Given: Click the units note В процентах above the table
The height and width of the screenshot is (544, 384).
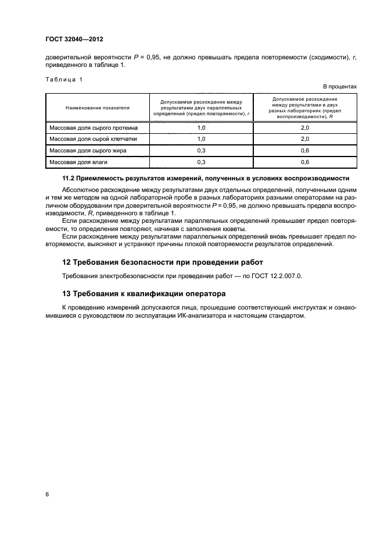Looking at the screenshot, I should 339,86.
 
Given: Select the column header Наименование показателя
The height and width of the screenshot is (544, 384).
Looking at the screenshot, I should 98,108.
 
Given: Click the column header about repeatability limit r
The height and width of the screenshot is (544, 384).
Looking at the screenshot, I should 202,108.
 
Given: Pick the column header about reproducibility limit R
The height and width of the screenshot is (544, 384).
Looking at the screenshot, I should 305,108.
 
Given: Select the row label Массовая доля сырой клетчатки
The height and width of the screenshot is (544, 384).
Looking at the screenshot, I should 95,139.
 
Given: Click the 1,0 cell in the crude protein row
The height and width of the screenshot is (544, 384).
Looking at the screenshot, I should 202,127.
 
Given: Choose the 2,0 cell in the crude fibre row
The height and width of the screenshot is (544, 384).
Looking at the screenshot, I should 305,139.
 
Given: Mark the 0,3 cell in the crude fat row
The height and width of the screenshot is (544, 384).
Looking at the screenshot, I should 202,150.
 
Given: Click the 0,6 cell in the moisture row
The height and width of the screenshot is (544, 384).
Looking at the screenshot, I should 305,162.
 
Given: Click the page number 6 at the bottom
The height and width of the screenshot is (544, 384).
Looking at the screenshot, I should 47,495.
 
